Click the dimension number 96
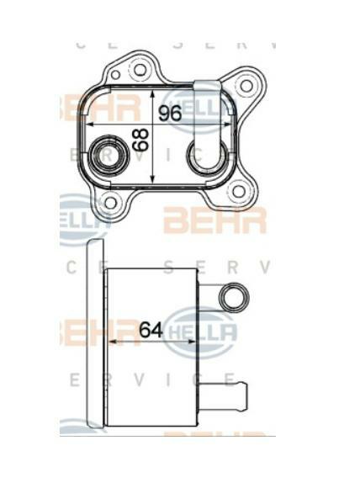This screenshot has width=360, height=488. pos(170,114)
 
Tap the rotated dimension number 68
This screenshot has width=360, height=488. pos(140,140)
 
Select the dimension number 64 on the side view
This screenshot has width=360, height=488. pos(150,330)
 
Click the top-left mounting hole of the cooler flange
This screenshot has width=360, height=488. pos(140,70)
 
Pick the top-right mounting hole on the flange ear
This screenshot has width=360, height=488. pos(246,85)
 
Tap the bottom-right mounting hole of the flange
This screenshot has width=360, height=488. pos(238,191)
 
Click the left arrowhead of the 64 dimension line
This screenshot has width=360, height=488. pos(113,342)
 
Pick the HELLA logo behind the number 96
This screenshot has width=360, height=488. pos(192,105)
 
